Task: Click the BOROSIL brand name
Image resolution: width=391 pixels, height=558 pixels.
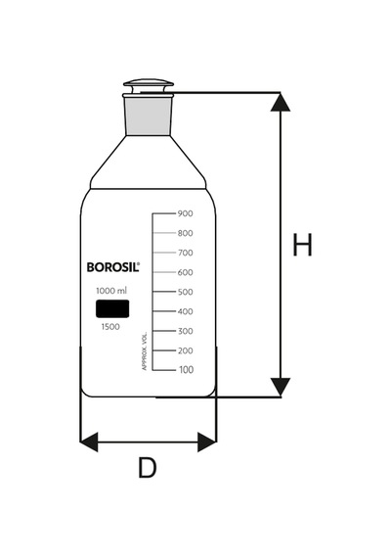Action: point(113,267)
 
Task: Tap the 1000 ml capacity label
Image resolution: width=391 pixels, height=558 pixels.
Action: point(111,291)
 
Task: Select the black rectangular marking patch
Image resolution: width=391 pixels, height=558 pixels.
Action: point(112,308)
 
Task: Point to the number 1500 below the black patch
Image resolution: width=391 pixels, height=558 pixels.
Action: point(110,327)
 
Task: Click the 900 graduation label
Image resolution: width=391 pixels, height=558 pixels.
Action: point(186,213)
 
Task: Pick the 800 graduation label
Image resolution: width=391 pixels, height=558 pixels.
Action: point(186,233)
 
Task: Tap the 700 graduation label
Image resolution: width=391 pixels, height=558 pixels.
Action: point(186,253)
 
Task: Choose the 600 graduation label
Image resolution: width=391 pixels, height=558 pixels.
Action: point(186,272)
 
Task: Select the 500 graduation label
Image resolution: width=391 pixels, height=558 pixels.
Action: point(186,292)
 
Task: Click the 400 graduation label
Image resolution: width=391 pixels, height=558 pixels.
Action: point(186,311)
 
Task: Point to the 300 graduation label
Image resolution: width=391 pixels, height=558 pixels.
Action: point(186,331)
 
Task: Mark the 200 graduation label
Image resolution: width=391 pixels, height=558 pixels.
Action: point(186,350)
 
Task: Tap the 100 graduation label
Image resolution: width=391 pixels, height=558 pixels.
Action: point(187,370)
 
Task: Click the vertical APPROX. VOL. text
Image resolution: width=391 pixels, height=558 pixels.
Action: point(145,350)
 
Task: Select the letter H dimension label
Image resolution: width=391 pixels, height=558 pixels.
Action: point(302,245)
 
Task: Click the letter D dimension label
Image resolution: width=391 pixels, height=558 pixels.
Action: point(148,468)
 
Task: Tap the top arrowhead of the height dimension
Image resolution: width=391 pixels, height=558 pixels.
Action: point(281,102)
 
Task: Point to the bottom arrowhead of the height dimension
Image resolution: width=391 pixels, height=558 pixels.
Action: point(281,388)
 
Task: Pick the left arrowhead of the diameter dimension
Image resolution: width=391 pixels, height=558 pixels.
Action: point(89,442)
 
